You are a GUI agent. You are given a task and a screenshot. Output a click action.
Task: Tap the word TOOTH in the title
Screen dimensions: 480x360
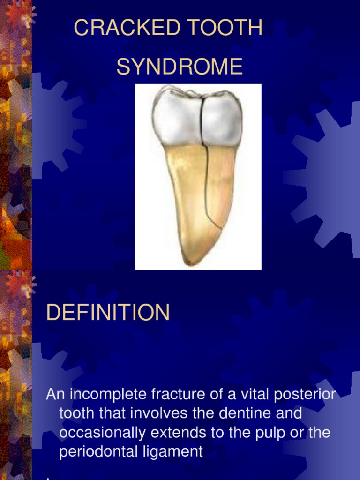[x=222, y=28]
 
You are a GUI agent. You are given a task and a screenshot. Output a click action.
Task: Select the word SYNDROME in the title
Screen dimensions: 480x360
[x=180, y=67]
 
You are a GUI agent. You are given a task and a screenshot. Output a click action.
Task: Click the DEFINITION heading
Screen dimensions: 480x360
[x=108, y=313]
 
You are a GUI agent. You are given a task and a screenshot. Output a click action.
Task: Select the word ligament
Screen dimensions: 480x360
[x=174, y=452]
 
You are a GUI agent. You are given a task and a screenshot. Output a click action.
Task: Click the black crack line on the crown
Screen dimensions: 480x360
[x=201, y=122]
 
